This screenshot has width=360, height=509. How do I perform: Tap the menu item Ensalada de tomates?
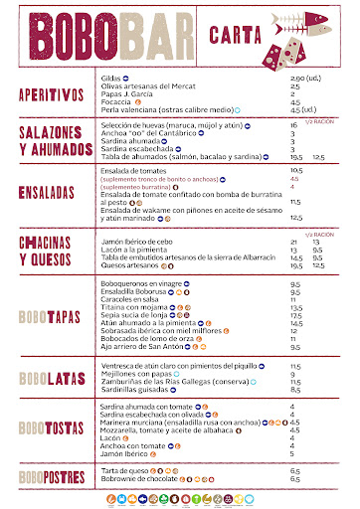[135, 171]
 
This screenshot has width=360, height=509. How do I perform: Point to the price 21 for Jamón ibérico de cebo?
[293, 241]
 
